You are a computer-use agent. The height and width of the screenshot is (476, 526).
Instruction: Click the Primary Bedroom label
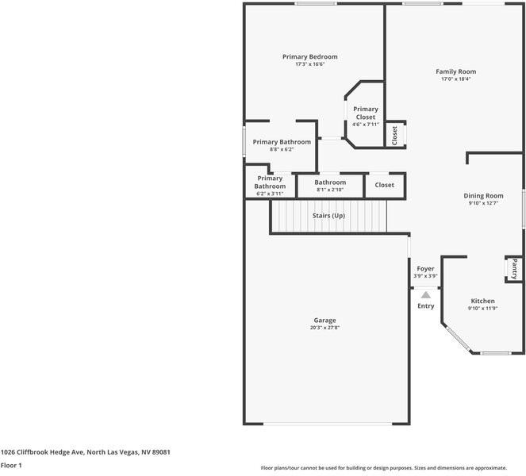tap(310, 56)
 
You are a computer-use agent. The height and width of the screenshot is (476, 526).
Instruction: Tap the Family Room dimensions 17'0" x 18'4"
tap(456, 79)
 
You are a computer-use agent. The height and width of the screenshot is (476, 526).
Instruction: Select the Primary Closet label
tap(366, 113)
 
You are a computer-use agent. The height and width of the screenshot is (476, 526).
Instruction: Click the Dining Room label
tap(483, 195)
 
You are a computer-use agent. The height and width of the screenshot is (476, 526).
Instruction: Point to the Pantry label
tap(514, 269)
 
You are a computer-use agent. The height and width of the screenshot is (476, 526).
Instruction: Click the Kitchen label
tap(482, 301)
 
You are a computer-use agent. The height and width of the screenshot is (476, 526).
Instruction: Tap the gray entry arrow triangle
tap(426, 294)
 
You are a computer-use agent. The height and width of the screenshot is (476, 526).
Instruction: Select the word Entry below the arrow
tap(426, 306)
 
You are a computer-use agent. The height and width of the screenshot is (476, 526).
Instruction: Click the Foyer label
tap(426, 269)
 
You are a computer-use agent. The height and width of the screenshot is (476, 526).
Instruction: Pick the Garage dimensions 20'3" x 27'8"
tap(324, 328)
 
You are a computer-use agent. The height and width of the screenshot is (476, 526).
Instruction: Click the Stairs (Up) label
tap(328, 216)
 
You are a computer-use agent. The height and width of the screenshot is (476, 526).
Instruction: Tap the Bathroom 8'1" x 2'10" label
tap(330, 186)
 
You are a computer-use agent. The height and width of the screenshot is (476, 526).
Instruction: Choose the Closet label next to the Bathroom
tap(384, 185)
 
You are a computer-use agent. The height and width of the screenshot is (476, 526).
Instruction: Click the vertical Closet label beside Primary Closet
tap(395, 135)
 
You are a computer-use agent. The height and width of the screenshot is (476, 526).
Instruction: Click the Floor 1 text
tap(11, 465)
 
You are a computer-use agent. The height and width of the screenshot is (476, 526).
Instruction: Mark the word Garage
tap(324, 320)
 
